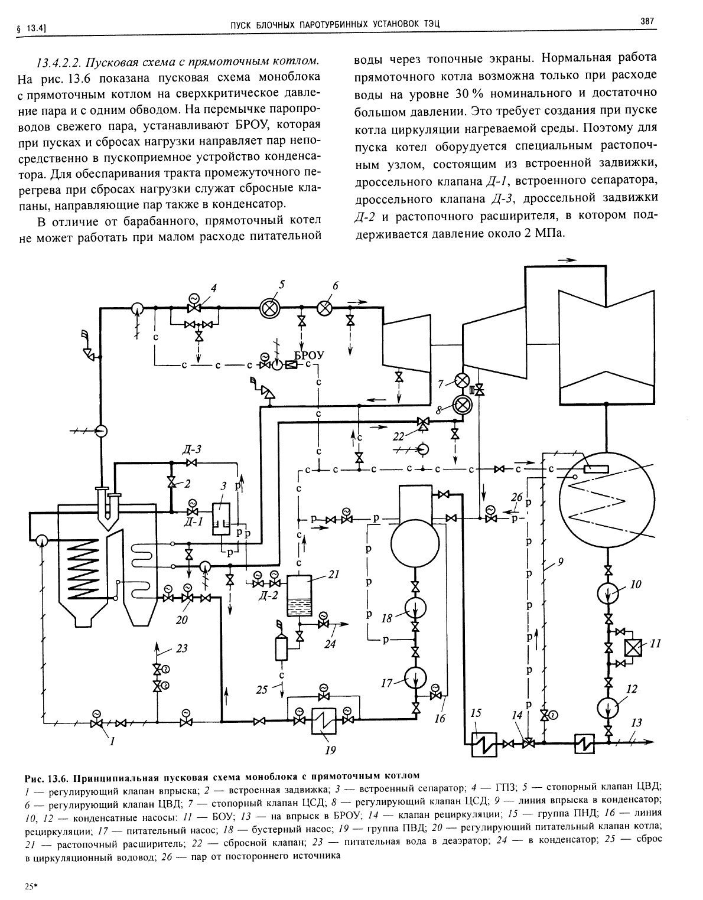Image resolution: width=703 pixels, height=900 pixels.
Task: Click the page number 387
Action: tap(647, 21)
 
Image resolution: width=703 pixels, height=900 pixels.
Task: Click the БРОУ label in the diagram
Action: tap(309, 354)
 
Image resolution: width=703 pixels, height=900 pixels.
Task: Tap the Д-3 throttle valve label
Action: tap(192, 449)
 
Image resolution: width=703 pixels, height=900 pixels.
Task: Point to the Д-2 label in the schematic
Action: tap(268, 596)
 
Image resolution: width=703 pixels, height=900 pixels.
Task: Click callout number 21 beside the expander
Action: tap(333, 574)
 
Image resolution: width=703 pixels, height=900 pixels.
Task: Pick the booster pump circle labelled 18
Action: tap(415, 608)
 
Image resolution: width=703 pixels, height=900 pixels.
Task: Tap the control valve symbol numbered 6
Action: tap(326, 308)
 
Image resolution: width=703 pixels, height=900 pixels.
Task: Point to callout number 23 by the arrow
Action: tap(181, 648)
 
